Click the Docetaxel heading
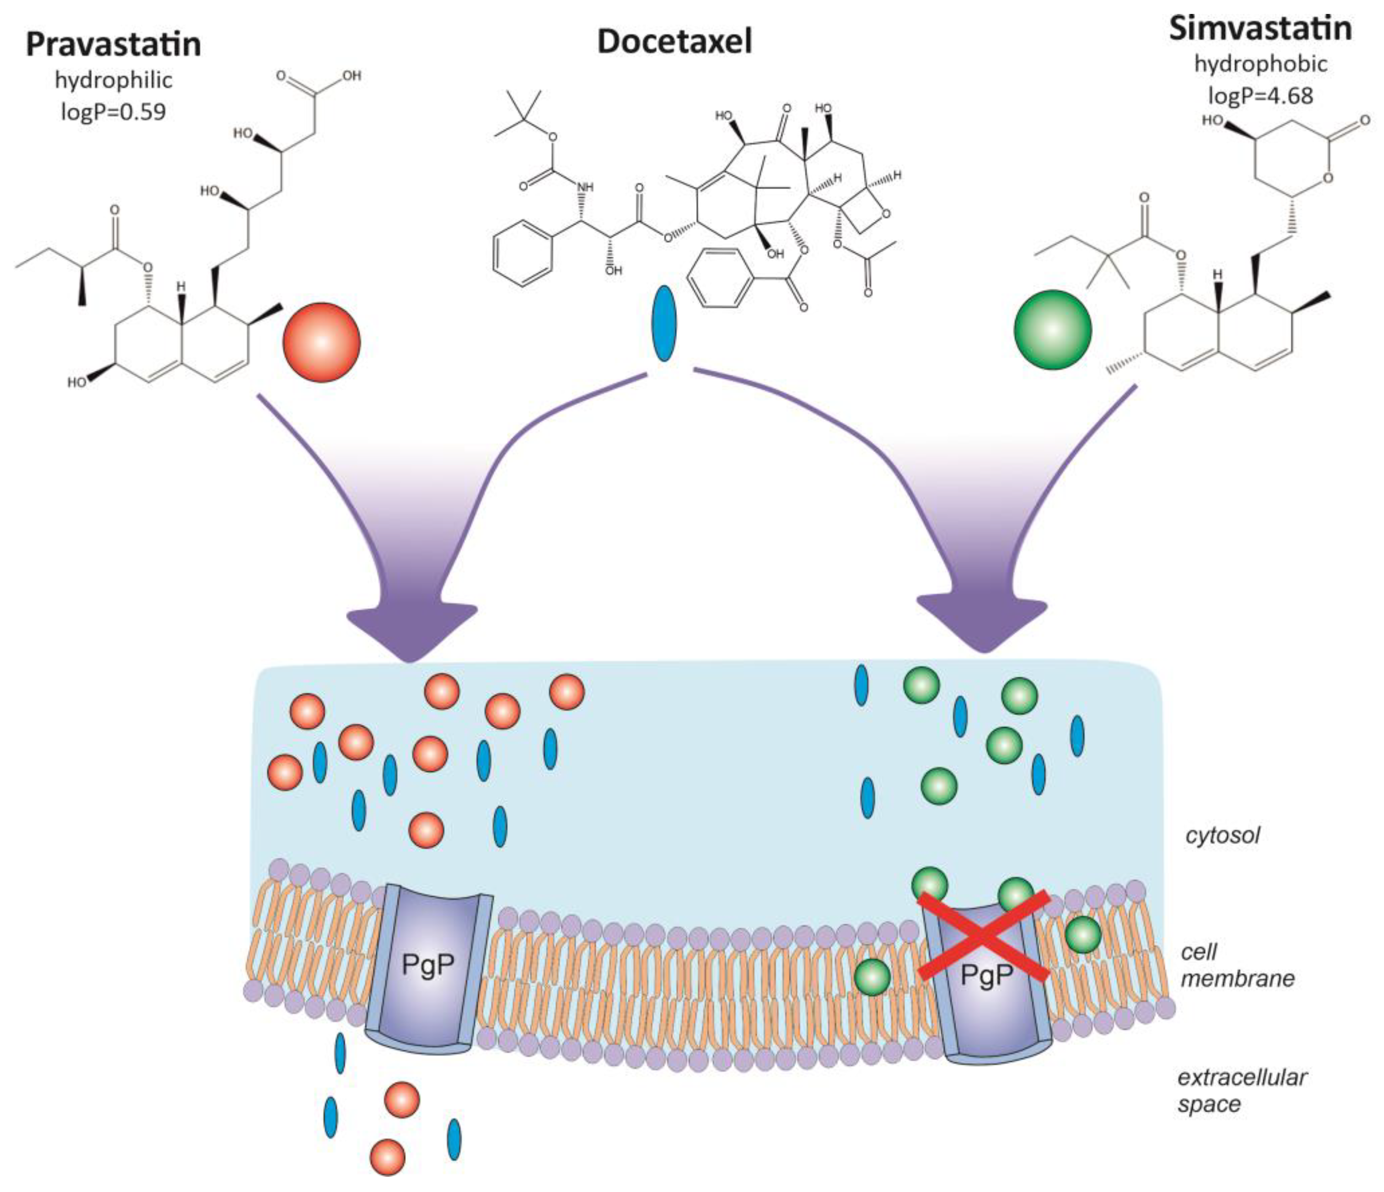[x=675, y=41]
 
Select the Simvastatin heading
[x=1260, y=29]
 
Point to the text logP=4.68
[x=1260, y=95]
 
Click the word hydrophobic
[x=1260, y=64]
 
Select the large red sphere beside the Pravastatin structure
[x=321, y=342]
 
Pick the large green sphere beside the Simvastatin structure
[x=1052, y=329]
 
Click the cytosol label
[x=1222, y=835]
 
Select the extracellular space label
[x=1241, y=1090]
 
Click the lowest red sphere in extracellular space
[x=387, y=1157]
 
